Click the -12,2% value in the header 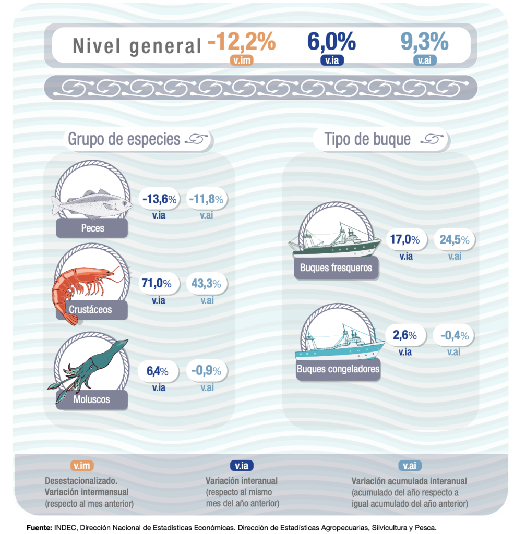[x=241, y=42]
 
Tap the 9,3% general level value [x=424, y=42]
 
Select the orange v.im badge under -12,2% [x=242, y=61]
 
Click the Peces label [x=92, y=228]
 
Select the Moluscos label [x=92, y=399]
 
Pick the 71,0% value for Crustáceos [x=157, y=284]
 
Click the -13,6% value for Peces [x=159, y=199]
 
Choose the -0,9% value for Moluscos [x=207, y=371]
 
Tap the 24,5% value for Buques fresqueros [x=454, y=240]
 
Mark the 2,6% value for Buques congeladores [x=405, y=335]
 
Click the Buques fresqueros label [x=336, y=268]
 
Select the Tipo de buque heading [x=367, y=139]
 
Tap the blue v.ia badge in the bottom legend [x=242, y=466]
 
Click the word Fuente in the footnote [x=39, y=528]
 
